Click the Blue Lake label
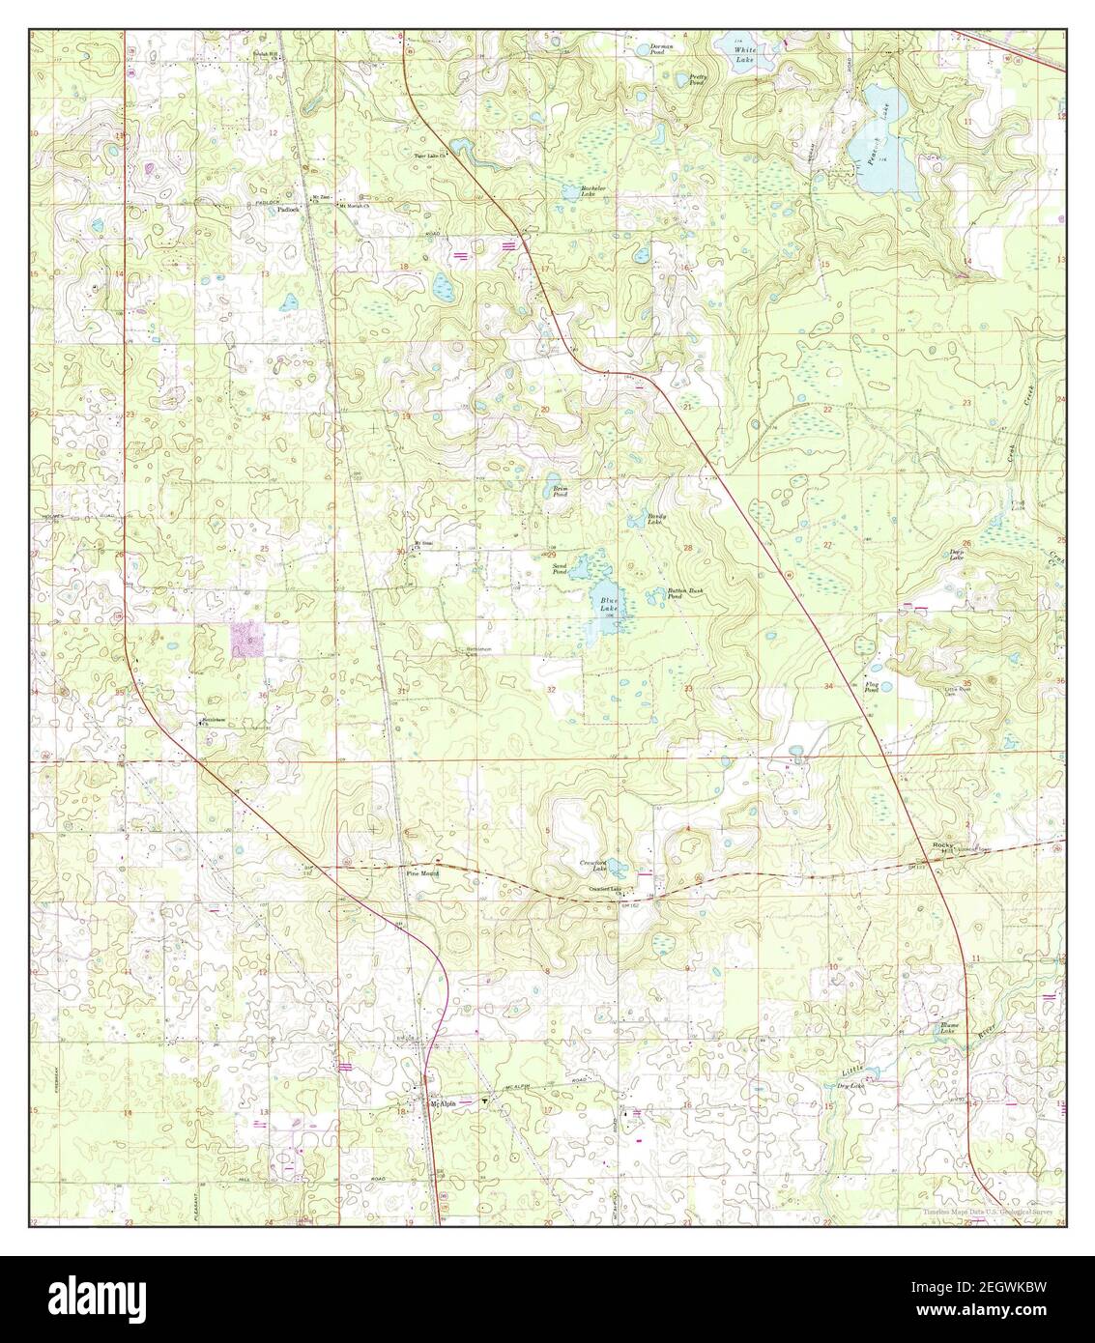pos(606,605)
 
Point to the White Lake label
pos(745,54)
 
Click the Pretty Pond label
pos(698,80)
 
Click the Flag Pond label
pos(871,688)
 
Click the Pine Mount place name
pos(422,873)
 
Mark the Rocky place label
pos(942,845)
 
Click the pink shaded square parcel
pos(245,640)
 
